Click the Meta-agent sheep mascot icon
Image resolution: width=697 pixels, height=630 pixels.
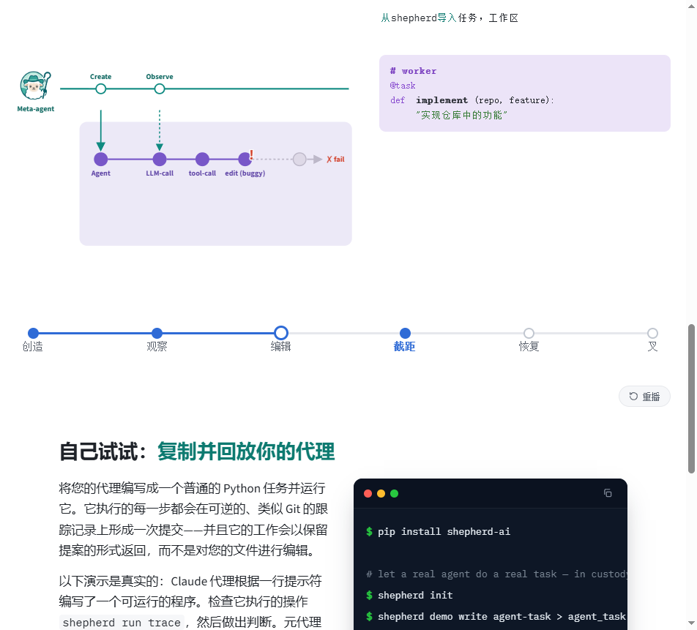click(x=35, y=86)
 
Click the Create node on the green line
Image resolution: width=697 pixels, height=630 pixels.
click(x=101, y=89)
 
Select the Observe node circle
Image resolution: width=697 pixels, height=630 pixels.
click(x=160, y=89)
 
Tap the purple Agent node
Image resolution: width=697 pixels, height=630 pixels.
click(x=101, y=159)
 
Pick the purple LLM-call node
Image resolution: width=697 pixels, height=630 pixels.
click(x=160, y=159)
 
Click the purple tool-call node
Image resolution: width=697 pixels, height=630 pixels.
click(x=202, y=159)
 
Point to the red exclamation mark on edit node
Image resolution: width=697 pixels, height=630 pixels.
click(x=252, y=154)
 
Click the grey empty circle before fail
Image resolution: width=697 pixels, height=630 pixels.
click(x=299, y=159)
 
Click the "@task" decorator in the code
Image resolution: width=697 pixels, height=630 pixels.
click(x=402, y=86)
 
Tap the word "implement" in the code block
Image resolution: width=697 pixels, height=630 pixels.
click(x=442, y=100)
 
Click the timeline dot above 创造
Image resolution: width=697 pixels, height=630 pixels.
click(x=34, y=333)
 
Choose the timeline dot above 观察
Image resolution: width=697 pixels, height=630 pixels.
click(x=157, y=333)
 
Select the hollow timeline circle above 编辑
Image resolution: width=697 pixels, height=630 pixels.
click(x=281, y=333)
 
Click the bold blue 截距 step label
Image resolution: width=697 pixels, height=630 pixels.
click(x=404, y=347)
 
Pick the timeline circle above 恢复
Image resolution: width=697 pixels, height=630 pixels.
click(x=529, y=333)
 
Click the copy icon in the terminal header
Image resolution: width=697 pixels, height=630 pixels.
click(x=608, y=492)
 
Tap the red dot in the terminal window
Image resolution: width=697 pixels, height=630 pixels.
click(x=368, y=494)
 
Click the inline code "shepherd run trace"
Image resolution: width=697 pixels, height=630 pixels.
click(x=122, y=623)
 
